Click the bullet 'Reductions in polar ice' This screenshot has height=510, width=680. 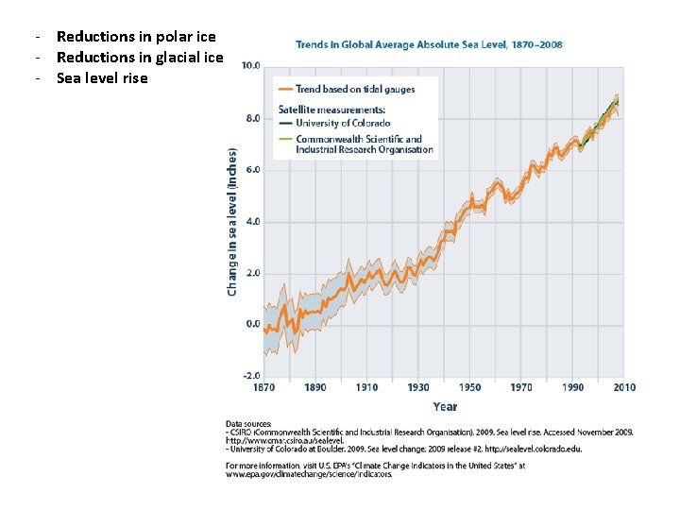pos(136,37)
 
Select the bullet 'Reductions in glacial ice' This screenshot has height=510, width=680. pos(140,58)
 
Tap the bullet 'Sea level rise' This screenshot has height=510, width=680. pos(102,78)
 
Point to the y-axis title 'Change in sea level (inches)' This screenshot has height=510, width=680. pos(232,219)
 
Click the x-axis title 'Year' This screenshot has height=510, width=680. pos(445,406)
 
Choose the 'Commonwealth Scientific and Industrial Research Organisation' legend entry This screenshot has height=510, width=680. pos(364,144)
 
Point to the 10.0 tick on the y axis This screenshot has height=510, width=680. pos(251,67)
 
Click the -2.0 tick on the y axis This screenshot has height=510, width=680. pos(251,376)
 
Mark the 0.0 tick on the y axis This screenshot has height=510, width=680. pos(253,325)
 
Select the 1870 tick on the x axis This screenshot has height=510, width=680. pos(263,387)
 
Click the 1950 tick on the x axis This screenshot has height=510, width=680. pos(469,387)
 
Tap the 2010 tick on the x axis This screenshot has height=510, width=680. pos(623,387)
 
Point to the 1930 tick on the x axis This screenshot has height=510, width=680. pos(417,387)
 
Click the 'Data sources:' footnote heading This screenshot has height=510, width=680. pos(248,424)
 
